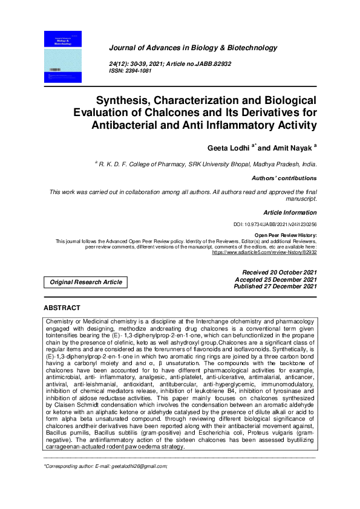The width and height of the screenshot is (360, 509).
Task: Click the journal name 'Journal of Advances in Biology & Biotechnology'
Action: tap(192, 48)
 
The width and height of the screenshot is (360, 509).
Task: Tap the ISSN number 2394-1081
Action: tap(142, 71)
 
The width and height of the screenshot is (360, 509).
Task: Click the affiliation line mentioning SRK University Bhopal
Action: tap(206, 164)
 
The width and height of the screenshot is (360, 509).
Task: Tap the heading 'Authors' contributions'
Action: tap(284, 178)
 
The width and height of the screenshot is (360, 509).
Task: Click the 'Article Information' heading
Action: tap(290, 213)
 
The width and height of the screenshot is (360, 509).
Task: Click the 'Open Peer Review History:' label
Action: tap(285, 235)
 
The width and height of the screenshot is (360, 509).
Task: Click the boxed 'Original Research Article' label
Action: tap(85, 282)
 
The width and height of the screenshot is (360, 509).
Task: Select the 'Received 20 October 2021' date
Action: tap(279, 273)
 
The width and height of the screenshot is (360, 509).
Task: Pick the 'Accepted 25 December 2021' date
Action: tap(275, 280)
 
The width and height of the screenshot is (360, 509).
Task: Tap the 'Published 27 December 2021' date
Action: tap(275, 287)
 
